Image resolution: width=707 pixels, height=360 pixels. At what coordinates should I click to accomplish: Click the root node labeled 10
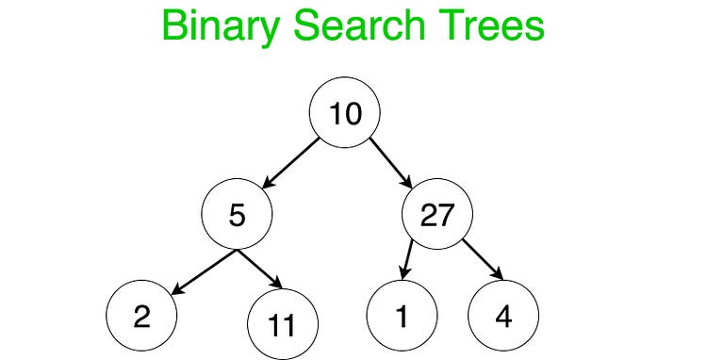tap(344, 114)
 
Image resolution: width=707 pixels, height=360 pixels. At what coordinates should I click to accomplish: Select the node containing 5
tap(237, 216)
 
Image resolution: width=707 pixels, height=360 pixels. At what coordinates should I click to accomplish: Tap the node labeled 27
tap(437, 216)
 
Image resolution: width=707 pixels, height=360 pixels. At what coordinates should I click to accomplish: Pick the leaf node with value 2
tap(141, 315)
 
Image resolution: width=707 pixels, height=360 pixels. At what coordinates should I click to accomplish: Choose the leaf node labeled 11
tap(282, 326)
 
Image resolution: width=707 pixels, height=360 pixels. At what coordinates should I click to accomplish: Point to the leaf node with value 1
tap(403, 316)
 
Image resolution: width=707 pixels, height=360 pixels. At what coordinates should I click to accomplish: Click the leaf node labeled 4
tap(502, 316)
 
